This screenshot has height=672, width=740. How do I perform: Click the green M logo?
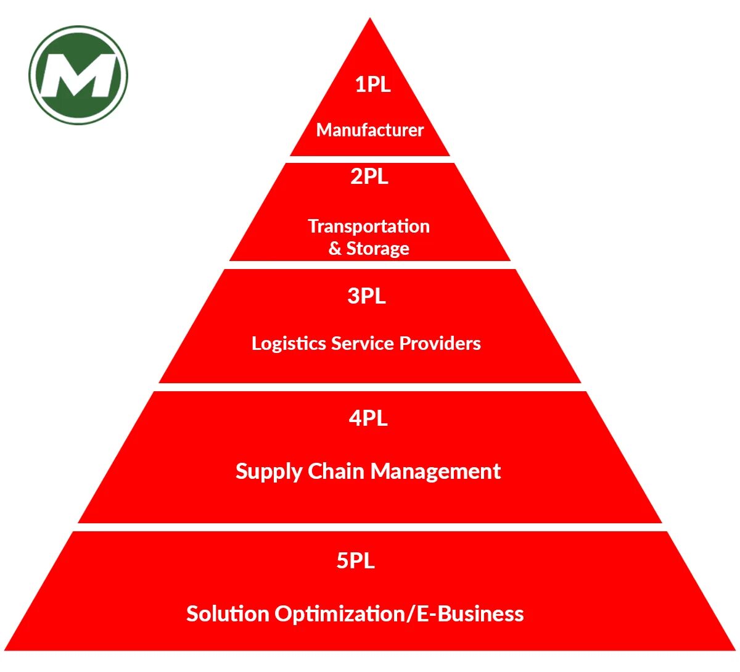tap(78, 75)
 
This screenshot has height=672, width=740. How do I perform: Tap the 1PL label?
tap(372, 84)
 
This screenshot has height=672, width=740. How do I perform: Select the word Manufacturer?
tap(370, 130)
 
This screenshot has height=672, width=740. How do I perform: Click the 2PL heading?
tap(369, 176)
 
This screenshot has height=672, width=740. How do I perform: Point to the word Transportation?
tap(369, 226)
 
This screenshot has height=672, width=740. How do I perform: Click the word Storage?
tap(378, 249)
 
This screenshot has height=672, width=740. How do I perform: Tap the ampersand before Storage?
tap(335, 249)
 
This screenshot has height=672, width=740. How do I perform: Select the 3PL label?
tap(367, 296)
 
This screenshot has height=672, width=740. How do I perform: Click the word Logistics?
tap(289, 344)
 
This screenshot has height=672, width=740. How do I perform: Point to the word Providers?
tap(440, 344)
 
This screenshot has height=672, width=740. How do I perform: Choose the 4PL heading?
tap(368, 418)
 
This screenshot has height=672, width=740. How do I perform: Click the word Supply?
tap(269, 472)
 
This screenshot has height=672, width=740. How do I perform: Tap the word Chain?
tap(337, 471)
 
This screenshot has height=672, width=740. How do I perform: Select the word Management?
tap(436, 472)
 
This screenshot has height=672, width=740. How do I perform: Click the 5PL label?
tap(356, 561)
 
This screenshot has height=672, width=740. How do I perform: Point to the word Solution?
tap(228, 614)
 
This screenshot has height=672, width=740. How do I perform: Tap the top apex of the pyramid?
tap(370, 21)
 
